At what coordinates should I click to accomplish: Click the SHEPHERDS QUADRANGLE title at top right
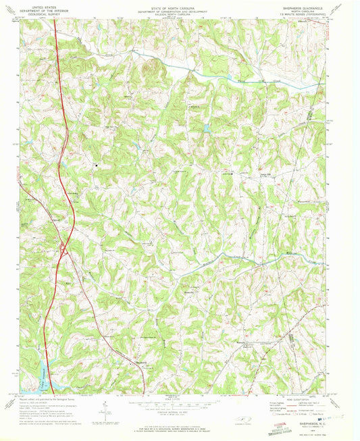pos(312,4)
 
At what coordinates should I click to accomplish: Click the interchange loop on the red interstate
pos(63,249)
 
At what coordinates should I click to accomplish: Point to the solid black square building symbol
pos(96,164)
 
